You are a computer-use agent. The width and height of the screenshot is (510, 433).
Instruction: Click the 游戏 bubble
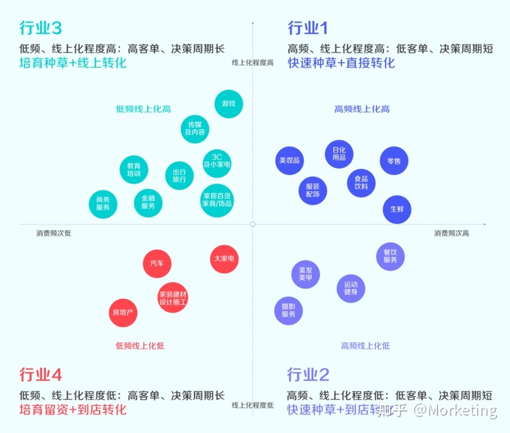tap(229, 104)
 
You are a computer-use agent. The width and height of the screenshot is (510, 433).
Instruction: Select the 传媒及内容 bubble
tap(195, 129)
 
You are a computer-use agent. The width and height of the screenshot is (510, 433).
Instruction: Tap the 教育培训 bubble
tap(133, 169)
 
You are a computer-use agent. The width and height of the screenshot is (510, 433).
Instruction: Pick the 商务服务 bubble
tap(103, 204)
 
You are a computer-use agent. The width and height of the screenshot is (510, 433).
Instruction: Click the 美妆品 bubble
tap(290, 161)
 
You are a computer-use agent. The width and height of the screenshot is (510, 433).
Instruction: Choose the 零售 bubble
tap(394, 161)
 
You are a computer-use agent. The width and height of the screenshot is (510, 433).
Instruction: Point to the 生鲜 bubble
tap(397, 209)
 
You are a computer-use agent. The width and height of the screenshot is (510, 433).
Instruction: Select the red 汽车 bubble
tap(157, 263)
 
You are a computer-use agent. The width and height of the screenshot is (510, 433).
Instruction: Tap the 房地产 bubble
tap(123, 312)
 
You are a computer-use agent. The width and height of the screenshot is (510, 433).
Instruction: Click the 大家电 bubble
tap(224, 259)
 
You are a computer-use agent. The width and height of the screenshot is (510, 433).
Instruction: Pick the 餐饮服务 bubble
tap(390, 256)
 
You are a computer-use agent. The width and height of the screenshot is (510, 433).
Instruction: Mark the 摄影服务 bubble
tap(289, 311)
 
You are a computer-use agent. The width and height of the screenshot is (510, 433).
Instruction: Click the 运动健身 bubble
tap(351, 288)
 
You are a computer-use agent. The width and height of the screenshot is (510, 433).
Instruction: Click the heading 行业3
tap(41, 28)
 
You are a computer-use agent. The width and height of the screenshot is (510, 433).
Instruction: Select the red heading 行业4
tap(41, 375)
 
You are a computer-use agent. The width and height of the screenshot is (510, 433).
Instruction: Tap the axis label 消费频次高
tap(452, 233)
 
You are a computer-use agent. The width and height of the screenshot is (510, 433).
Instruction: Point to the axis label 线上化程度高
tap(253, 62)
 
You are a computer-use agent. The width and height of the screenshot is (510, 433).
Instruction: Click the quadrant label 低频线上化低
tap(140, 346)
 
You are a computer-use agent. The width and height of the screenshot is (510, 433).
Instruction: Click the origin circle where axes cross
tap(253, 224)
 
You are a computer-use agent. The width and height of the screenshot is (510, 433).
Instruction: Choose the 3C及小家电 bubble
tap(217, 164)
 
